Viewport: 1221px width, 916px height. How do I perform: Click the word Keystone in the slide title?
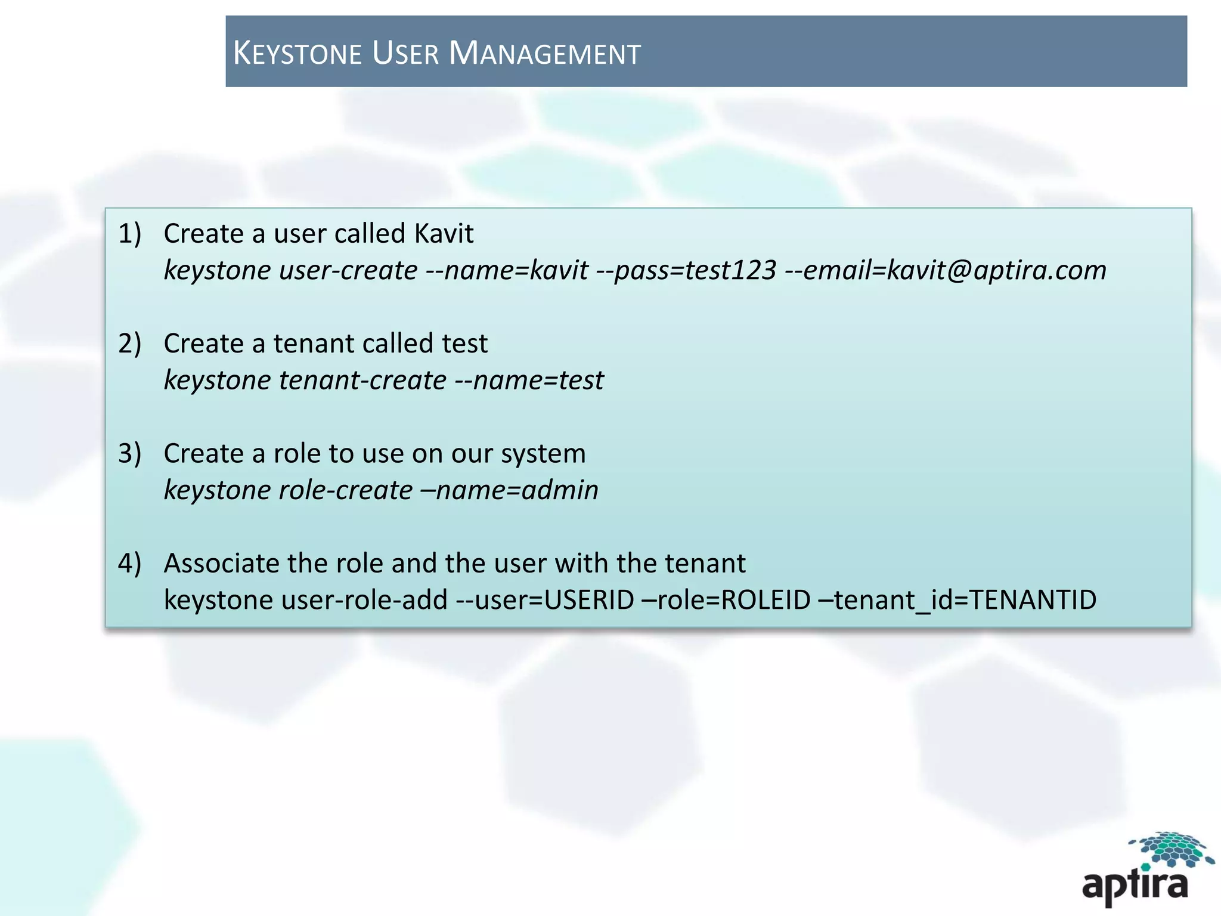click(x=297, y=53)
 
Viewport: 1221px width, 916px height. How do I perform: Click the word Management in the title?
click(x=544, y=53)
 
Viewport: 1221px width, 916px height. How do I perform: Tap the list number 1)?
click(x=129, y=233)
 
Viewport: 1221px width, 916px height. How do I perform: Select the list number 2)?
click(x=129, y=343)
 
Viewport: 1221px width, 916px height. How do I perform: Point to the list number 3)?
click(x=129, y=453)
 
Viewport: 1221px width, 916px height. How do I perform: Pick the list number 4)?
click(x=129, y=563)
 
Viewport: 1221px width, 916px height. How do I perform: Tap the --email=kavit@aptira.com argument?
click(x=946, y=270)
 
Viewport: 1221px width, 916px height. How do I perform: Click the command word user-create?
click(x=348, y=270)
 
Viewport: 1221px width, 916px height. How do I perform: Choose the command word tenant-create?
click(x=362, y=380)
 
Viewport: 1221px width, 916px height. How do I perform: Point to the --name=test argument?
click(x=529, y=380)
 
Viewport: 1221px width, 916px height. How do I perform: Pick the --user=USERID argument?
click(x=545, y=600)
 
